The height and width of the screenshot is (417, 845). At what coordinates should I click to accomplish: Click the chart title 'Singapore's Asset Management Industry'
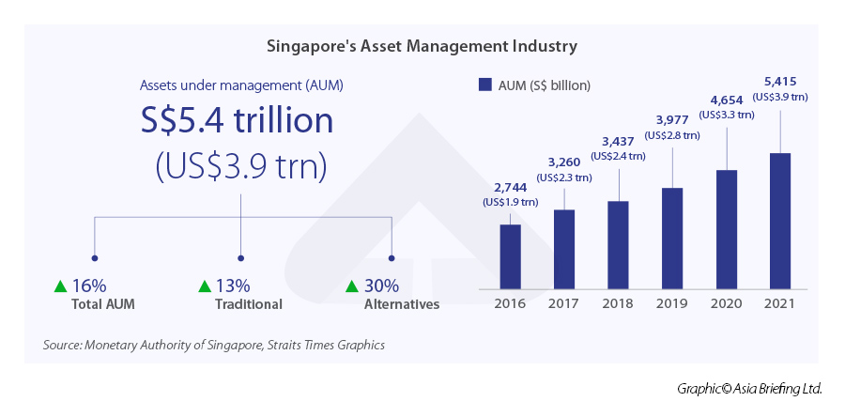pos(422,45)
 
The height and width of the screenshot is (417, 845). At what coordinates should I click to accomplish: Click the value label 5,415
pos(780,82)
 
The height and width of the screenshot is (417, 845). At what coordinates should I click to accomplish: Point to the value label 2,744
pos(510,188)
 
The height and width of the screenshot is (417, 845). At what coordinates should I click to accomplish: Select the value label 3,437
pos(619,142)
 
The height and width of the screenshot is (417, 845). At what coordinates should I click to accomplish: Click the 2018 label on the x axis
pos(618,303)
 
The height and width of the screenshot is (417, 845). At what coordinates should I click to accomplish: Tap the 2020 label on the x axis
pos(726,303)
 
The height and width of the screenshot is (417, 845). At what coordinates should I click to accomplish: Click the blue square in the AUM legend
pos(485,85)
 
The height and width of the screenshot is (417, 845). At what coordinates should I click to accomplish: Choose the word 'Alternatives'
pos(401,304)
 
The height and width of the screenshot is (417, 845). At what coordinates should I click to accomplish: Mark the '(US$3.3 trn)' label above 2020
pos(726,115)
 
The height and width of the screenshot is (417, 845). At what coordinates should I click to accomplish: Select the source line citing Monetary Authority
pos(214,345)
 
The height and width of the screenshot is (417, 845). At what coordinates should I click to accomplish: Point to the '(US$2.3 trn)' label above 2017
pos(563,177)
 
